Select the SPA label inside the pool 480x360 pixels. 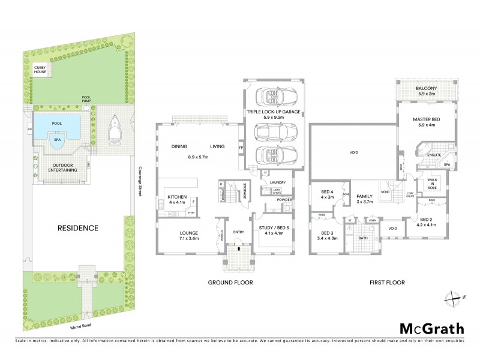58,139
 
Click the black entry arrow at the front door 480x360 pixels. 239,247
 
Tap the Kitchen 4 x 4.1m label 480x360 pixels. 177,200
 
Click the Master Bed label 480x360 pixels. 427,122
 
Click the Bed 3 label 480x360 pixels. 326,235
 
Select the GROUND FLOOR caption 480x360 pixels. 230,282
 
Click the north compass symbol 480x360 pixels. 452,297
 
